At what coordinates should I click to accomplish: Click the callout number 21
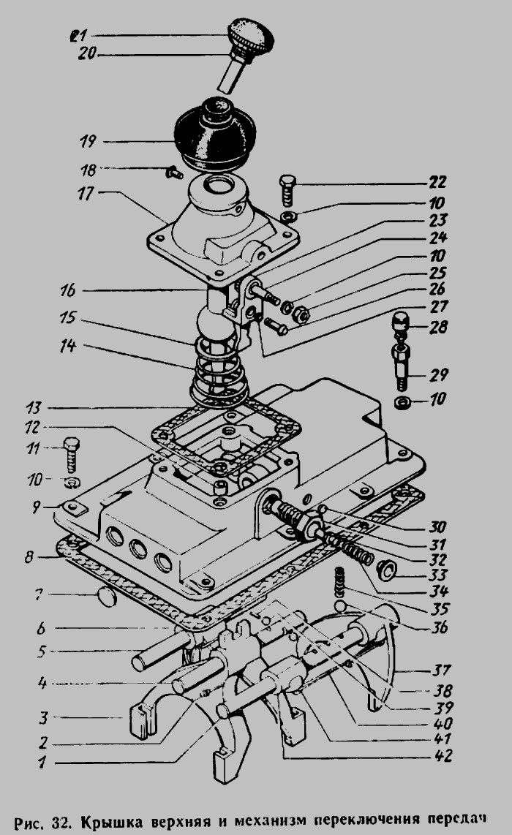(x=78, y=34)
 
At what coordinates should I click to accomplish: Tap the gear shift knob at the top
(x=249, y=33)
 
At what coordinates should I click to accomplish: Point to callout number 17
(x=86, y=195)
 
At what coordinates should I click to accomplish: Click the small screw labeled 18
(x=173, y=173)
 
